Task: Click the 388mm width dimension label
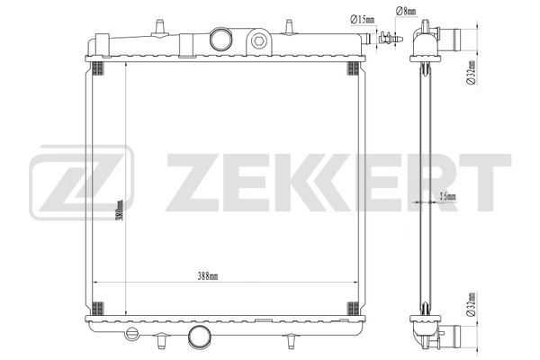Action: pos(207,275)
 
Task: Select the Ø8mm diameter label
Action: pos(403,10)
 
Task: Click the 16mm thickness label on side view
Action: pos(446,196)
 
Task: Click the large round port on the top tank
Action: pos(220,39)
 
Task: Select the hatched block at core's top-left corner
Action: pos(100,70)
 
